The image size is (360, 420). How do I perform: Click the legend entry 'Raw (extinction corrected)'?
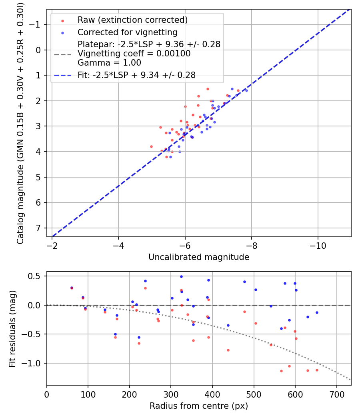pyautogui.click(x=132, y=20)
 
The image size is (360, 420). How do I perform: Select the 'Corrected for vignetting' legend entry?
pyautogui.click(x=128, y=32)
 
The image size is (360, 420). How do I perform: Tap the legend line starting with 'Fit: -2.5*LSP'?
pyautogui.click(x=136, y=75)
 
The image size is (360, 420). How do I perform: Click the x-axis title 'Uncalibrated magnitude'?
pyautogui.click(x=199, y=257)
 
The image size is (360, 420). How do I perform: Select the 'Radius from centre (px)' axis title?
pyautogui.click(x=199, y=406)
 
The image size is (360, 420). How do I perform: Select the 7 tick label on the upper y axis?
pyautogui.click(x=39, y=228)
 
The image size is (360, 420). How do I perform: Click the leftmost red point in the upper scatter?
pyautogui.click(x=151, y=146)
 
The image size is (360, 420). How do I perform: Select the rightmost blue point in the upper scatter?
pyautogui.click(x=246, y=90)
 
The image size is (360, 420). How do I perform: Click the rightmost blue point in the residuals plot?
pyautogui.click(x=317, y=312)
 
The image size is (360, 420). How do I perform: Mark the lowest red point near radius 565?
pyautogui.click(x=281, y=371)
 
